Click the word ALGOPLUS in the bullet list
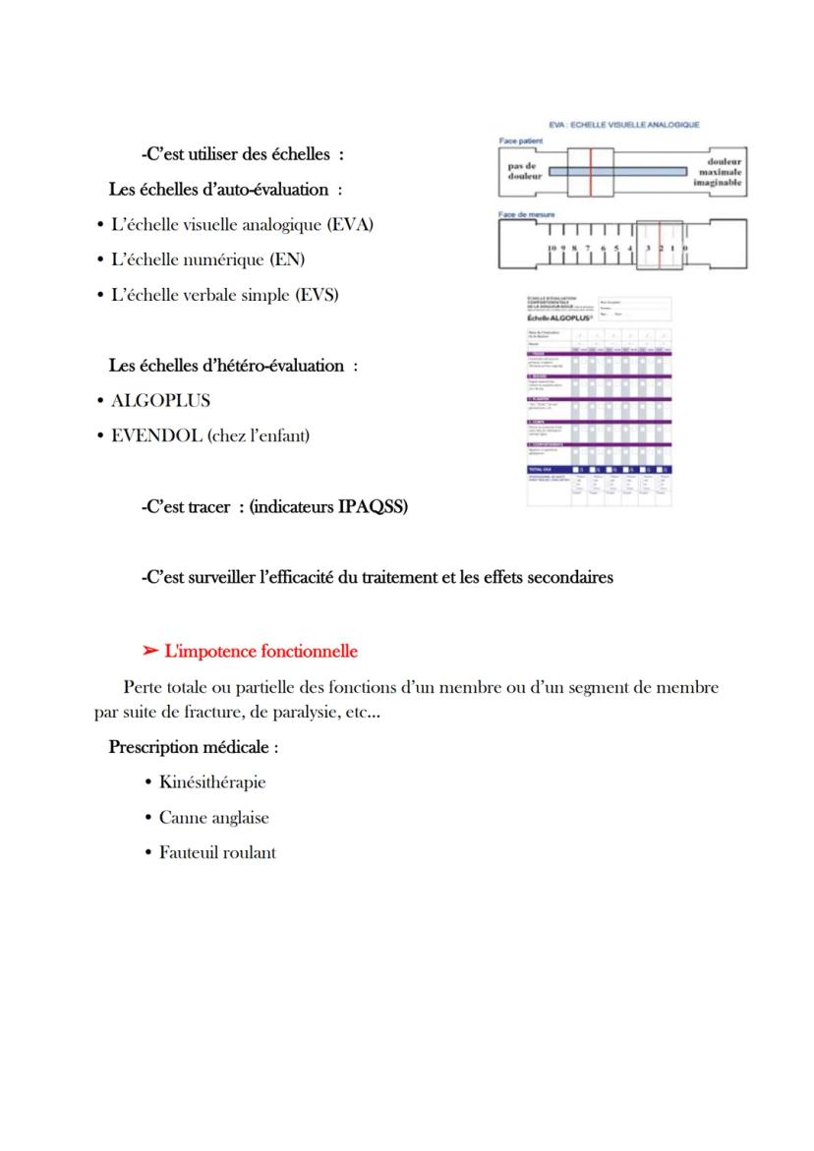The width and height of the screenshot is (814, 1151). (x=160, y=401)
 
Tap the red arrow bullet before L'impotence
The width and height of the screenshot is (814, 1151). (x=150, y=652)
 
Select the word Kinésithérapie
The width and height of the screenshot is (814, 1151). (x=212, y=783)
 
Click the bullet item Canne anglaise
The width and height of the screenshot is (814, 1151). (x=213, y=818)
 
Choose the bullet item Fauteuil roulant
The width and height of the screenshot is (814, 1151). (x=217, y=853)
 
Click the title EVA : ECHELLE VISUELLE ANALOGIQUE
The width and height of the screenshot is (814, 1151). (x=623, y=125)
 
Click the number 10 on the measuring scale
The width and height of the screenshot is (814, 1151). (x=553, y=250)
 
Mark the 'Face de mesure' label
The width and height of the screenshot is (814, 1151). (x=527, y=214)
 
